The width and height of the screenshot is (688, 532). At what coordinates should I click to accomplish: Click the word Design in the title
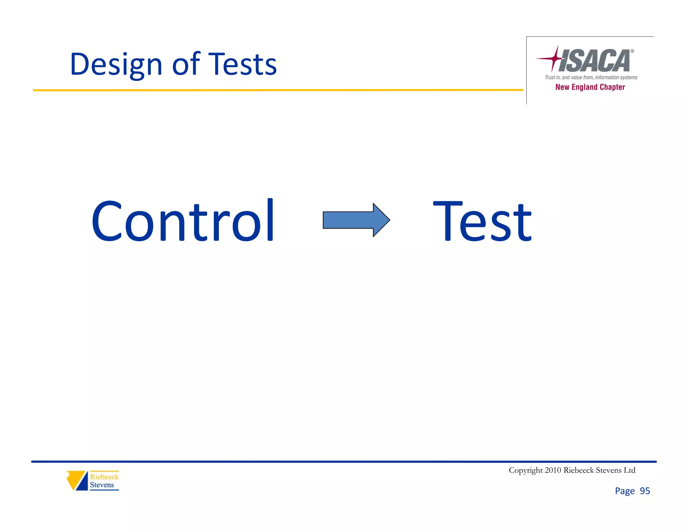[116, 65]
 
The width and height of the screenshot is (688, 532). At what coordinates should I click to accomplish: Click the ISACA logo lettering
[594, 61]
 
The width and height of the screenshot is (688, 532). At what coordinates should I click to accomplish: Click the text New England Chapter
[590, 87]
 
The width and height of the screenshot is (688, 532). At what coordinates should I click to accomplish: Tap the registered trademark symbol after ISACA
[632, 51]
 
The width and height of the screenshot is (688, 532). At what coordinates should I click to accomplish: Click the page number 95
[645, 491]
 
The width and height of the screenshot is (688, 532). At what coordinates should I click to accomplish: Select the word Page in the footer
[625, 491]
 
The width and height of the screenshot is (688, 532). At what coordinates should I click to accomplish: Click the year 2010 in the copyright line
[553, 470]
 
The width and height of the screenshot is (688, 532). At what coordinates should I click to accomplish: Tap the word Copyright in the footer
[525, 470]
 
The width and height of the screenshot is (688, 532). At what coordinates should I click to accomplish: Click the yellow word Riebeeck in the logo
[104, 477]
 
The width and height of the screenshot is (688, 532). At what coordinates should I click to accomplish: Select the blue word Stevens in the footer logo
[102, 485]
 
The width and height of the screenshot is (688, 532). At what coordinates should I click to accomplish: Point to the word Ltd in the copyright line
[629, 470]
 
